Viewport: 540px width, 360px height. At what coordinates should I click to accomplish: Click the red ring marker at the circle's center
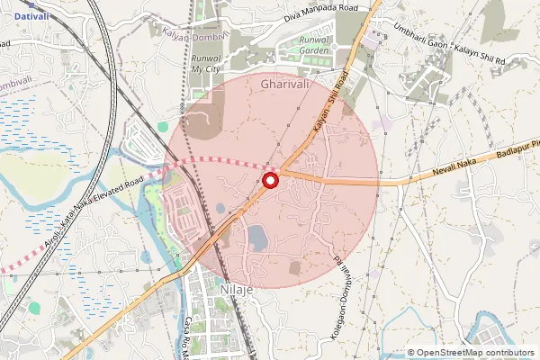[270, 180]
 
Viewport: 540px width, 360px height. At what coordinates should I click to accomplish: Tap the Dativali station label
[31, 15]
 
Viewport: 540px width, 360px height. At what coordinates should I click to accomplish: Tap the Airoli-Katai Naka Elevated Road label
[81, 222]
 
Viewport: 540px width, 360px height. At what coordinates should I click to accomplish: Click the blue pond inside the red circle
[257, 238]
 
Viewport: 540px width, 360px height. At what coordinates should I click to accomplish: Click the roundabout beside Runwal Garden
[333, 45]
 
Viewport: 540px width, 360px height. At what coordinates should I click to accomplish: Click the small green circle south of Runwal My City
[163, 128]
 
